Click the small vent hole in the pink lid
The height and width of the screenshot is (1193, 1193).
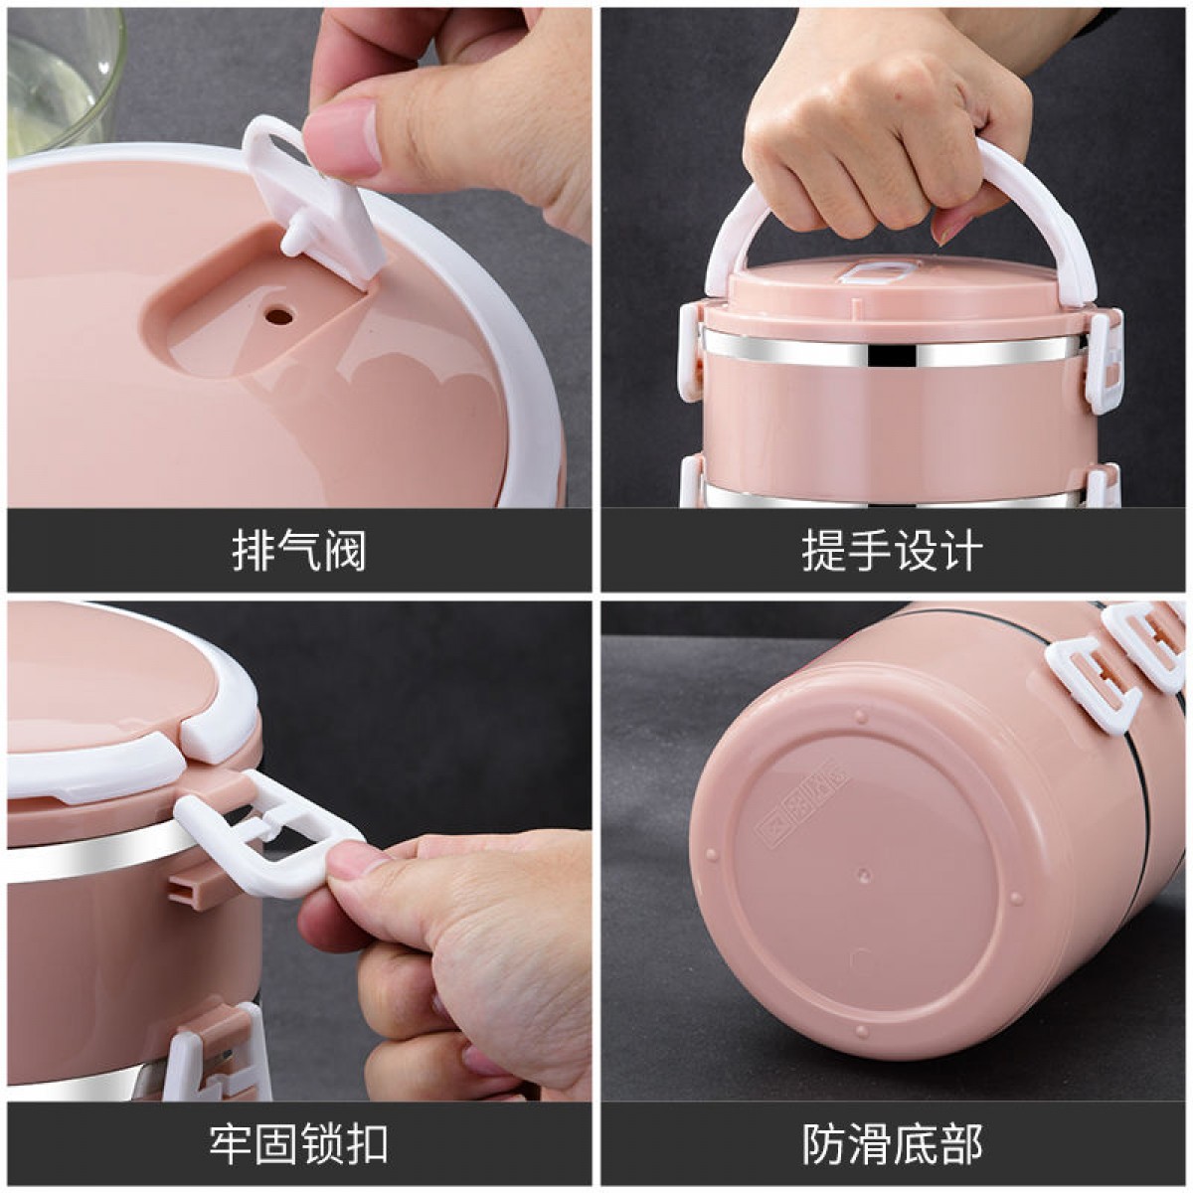[279, 317]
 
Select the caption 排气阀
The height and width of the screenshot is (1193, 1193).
[299, 550]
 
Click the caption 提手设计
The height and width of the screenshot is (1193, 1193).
[892, 550]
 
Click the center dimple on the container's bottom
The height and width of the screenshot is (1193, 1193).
[864, 875]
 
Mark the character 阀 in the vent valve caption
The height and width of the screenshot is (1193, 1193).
[345, 550]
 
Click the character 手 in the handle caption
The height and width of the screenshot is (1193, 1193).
[869, 550]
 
